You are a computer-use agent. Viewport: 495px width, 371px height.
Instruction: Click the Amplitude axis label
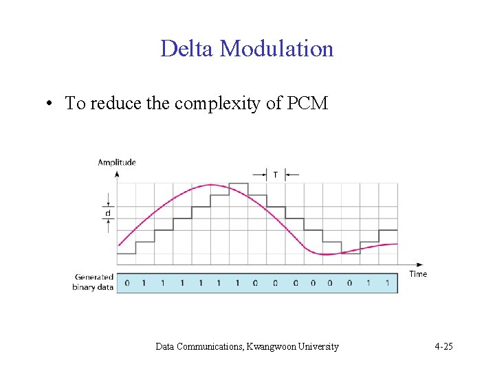point(117,162)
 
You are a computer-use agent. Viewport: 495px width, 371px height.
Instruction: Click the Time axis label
point(418,273)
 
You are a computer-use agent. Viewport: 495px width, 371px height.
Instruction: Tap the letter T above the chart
point(276,175)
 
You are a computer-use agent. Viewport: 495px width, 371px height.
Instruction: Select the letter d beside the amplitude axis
point(107,214)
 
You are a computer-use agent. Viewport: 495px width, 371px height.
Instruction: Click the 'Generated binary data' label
point(94,282)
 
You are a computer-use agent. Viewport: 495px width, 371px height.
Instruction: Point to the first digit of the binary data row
point(126,282)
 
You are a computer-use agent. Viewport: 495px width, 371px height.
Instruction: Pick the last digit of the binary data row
point(388,282)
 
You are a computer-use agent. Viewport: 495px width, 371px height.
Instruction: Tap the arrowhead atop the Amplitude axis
point(117,174)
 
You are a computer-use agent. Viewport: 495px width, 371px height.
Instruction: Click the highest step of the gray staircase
point(239,183)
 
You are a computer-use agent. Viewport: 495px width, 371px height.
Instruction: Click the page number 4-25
point(443,346)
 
